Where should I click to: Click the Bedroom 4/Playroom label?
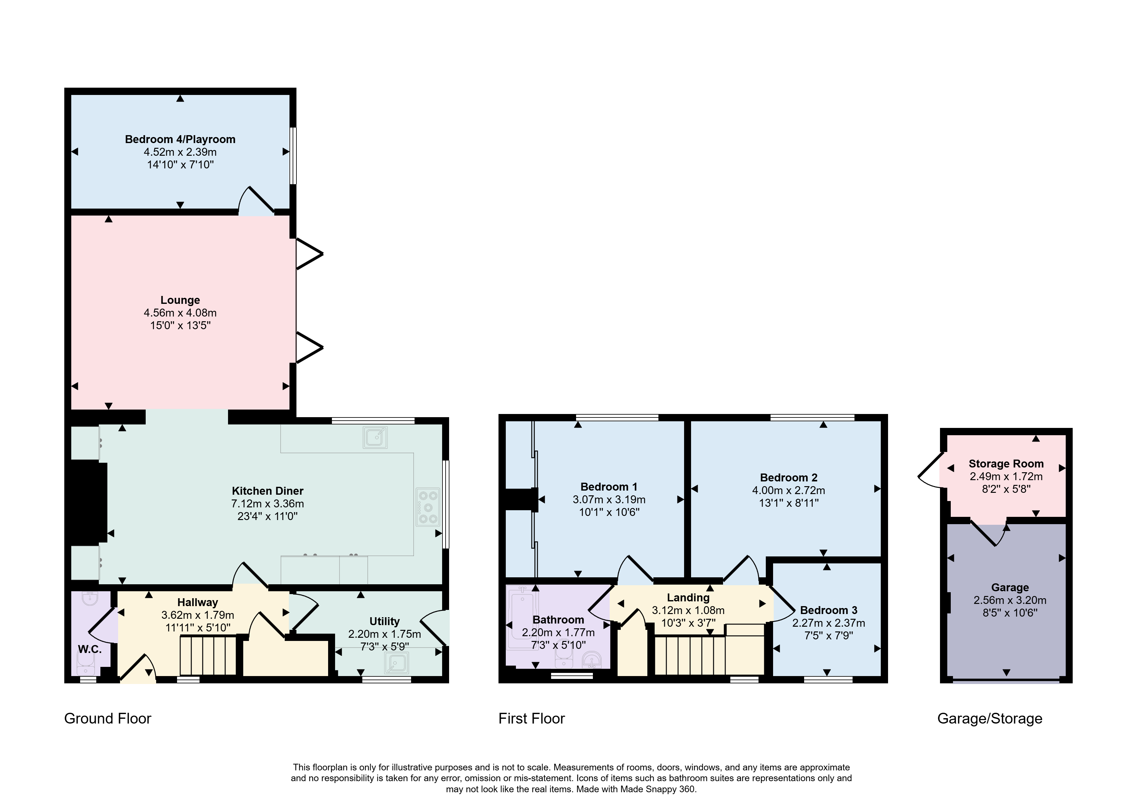pyautogui.click(x=180, y=140)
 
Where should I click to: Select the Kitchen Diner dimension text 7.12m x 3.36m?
pyautogui.click(x=267, y=504)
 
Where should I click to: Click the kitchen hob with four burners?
pyautogui.click(x=428, y=507)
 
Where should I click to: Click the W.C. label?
pyautogui.click(x=90, y=649)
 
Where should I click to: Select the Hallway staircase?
pyautogui.click(x=208, y=655)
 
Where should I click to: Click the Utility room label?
pyautogui.click(x=384, y=621)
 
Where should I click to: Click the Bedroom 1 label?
pyautogui.click(x=609, y=487)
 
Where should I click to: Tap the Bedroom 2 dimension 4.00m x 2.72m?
pyautogui.click(x=789, y=490)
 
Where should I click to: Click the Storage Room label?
pyautogui.click(x=1006, y=464)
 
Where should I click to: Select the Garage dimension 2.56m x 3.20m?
pyautogui.click(x=1010, y=600)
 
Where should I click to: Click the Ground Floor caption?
pyautogui.click(x=108, y=718)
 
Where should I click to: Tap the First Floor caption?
pyautogui.click(x=532, y=718)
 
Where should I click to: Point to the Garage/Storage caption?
pyautogui.click(x=990, y=719)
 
